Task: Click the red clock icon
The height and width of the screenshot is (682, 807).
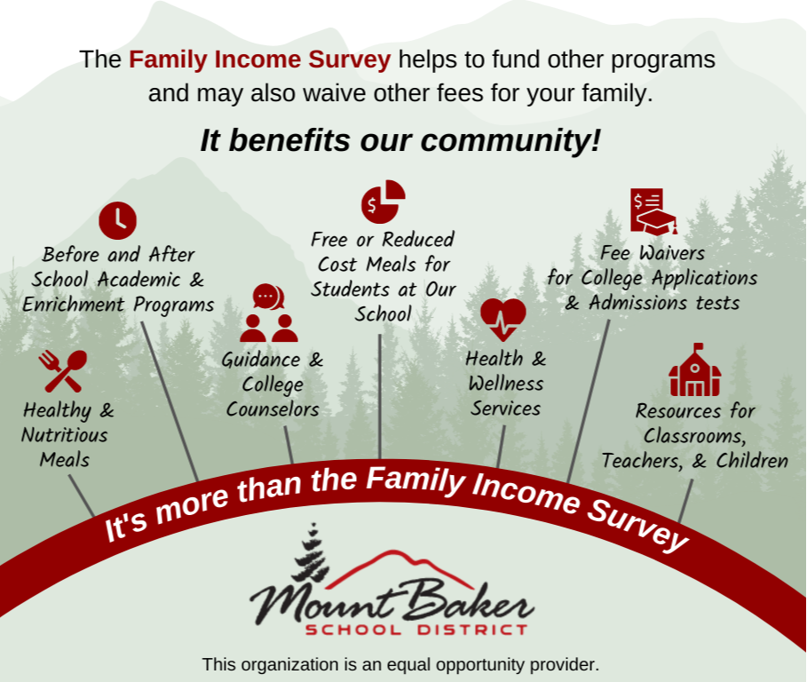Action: [118, 221]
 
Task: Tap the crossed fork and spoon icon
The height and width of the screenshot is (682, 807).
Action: [62, 371]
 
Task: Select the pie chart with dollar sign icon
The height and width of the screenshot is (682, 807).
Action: [384, 202]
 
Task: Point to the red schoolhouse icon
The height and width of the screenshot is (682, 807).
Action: [695, 369]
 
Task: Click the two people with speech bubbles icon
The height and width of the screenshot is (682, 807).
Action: [269, 313]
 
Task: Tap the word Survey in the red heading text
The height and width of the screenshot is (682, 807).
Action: [350, 59]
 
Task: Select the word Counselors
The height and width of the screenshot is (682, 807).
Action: [273, 409]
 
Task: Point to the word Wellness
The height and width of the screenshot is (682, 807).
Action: [506, 383]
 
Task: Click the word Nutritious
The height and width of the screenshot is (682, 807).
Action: [65, 435]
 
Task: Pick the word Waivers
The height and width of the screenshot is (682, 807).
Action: [672, 253]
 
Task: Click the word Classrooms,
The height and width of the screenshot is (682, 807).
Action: [695, 436]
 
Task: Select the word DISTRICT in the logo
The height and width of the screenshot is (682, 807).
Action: [472, 630]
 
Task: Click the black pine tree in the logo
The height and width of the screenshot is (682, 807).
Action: [311, 553]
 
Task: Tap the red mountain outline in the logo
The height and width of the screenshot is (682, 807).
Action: [399, 569]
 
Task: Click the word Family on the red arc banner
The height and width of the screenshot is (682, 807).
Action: [415, 480]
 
